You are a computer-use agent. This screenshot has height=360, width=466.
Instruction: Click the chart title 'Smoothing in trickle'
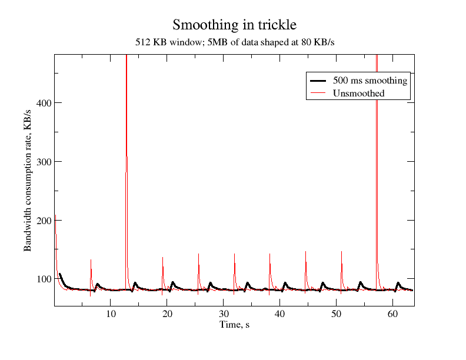[x=234, y=25]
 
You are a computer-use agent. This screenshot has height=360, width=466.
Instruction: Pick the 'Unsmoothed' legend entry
[x=358, y=94]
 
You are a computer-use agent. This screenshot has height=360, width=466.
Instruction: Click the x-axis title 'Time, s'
[x=234, y=325]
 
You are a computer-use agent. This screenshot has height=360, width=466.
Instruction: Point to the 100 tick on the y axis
[x=42, y=279]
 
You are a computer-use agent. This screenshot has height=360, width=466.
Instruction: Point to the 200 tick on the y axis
[x=42, y=220]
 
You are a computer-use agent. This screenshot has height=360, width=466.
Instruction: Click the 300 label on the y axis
[x=42, y=162]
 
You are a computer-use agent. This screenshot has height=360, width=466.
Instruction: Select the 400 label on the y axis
[x=42, y=103]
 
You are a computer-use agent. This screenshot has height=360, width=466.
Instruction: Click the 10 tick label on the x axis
[x=111, y=314]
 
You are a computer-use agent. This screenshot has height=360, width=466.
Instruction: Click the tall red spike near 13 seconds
[x=126, y=118]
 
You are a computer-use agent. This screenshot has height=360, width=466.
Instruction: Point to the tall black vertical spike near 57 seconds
[x=377, y=147]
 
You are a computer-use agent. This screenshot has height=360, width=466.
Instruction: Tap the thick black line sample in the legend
[x=318, y=81]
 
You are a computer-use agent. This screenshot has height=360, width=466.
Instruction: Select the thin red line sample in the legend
[x=318, y=94]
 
